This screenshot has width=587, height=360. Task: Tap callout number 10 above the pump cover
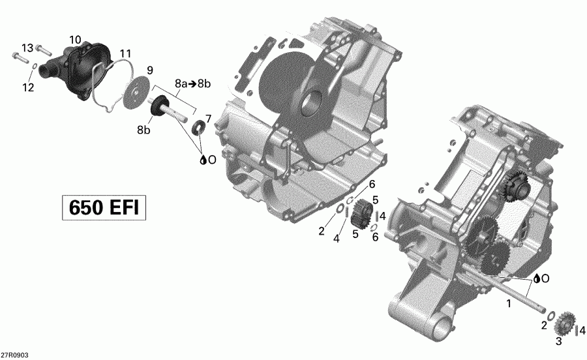click(x=75, y=40)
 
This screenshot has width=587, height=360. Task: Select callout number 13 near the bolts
click(x=27, y=48)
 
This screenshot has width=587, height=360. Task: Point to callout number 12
click(x=27, y=87)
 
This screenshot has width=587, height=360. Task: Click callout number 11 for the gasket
click(x=125, y=53)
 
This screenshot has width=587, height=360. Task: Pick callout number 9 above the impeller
click(x=149, y=70)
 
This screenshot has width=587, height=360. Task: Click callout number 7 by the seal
click(x=209, y=118)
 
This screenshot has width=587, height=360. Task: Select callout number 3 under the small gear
click(x=558, y=342)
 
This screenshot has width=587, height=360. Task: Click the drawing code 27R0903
click(x=14, y=355)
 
